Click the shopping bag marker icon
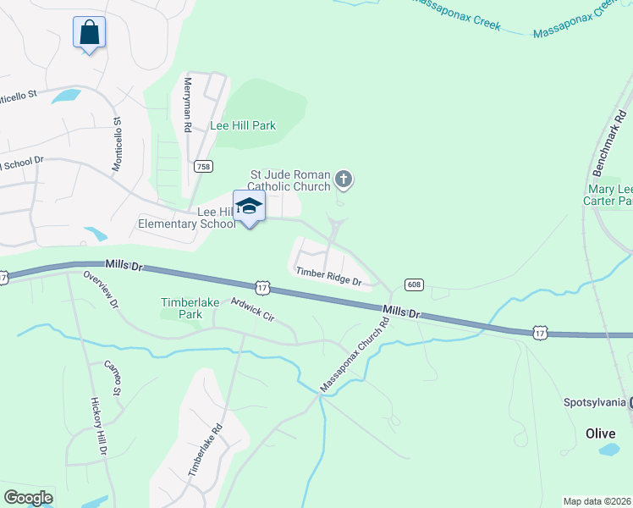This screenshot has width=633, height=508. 89,33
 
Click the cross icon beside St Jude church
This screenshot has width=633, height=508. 343,178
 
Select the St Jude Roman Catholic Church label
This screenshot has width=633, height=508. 288,179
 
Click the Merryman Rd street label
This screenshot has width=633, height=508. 188,105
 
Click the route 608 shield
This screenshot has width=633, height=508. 414,284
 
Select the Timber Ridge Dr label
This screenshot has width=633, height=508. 329,276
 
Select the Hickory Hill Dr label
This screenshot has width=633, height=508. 98,428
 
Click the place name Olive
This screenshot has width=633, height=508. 601,433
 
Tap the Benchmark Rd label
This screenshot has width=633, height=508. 612,111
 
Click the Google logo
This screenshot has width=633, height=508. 28,498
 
